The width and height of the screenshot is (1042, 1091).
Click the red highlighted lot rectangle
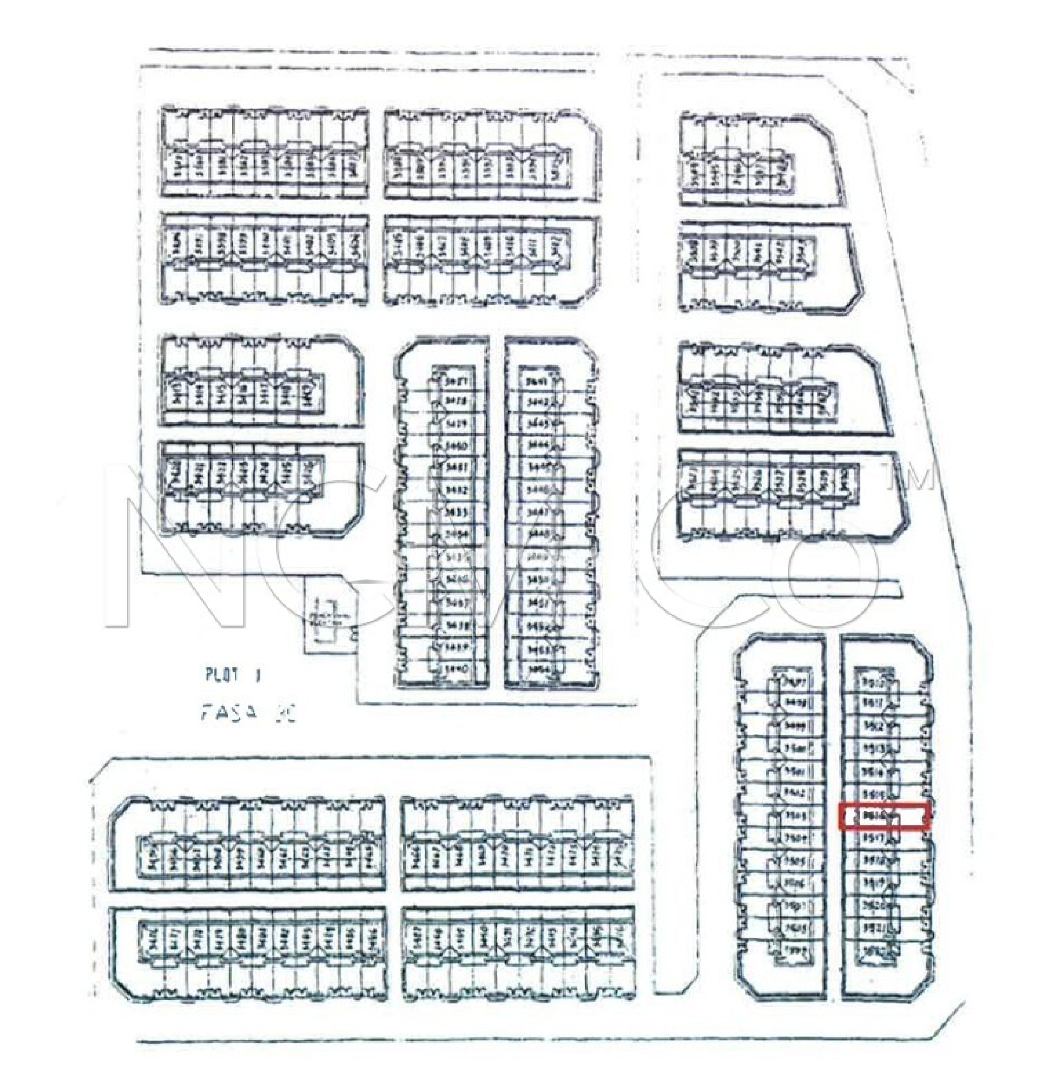click(x=884, y=816)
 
